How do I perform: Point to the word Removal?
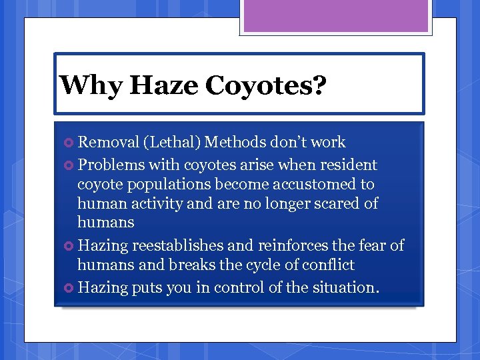[x=107, y=142]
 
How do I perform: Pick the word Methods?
[x=235, y=142]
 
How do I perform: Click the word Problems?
[x=111, y=165]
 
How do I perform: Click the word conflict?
[x=326, y=265]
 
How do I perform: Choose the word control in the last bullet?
[x=235, y=287]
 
